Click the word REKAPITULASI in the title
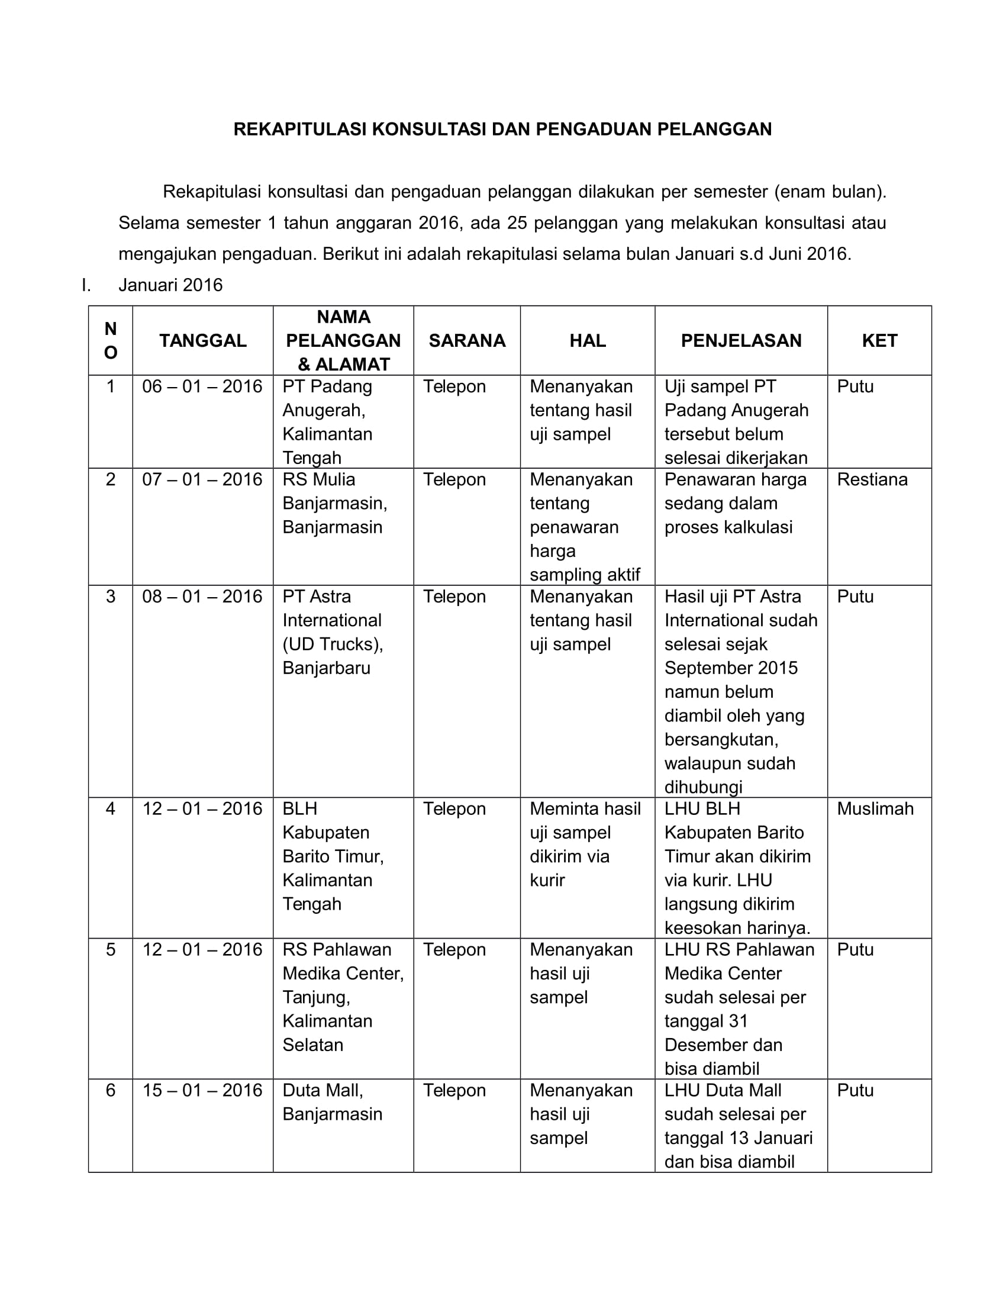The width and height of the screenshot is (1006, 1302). pyautogui.click(x=300, y=130)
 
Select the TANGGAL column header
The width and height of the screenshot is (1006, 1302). pyautogui.click(x=202, y=340)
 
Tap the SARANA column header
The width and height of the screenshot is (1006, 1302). pyautogui.click(x=467, y=340)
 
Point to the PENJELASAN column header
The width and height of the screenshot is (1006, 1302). pyautogui.click(x=741, y=340)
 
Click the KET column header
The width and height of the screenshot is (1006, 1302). pyautogui.click(x=879, y=340)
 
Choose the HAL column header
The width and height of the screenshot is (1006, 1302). pyautogui.click(x=587, y=340)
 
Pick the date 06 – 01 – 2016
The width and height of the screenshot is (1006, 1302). pyautogui.click(x=202, y=387)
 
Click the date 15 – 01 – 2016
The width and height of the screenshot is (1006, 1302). pyautogui.click(x=202, y=1090)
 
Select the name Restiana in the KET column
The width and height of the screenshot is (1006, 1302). pyautogui.click(x=872, y=480)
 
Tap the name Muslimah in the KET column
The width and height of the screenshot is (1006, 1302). pyautogui.click(x=875, y=809)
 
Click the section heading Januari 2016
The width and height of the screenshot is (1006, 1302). pyautogui.click(x=170, y=285)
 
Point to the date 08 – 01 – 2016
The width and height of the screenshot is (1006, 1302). pyautogui.click(x=202, y=597)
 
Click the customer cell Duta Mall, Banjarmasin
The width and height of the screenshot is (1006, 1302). pyautogui.click(x=332, y=1103)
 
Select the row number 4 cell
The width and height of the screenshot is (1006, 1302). pyautogui.click(x=110, y=809)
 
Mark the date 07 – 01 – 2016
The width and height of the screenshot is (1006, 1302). pyautogui.click(x=202, y=480)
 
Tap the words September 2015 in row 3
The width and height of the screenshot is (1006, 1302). pyautogui.click(x=731, y=668)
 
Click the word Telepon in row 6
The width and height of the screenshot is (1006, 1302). pyautogui.click(x=454, y=1090)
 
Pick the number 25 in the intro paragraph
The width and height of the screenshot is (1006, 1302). pyautogui.click(x=517, y=223)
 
